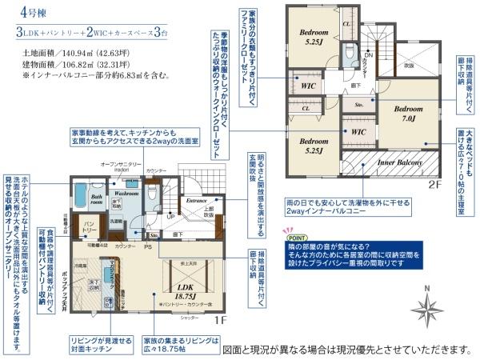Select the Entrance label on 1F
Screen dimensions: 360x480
(x=196, y=200)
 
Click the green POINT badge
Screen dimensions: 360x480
(x=296, y=238)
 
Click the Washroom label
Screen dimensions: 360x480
(x=126, y=194)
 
